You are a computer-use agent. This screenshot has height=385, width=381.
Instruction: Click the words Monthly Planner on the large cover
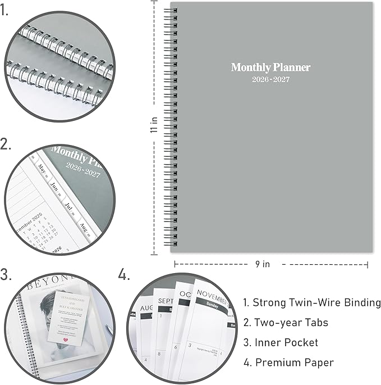[x=270, y=67]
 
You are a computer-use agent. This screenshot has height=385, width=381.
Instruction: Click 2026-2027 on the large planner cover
[x=270, y=81]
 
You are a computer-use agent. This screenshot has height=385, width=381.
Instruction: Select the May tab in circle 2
[x=42, y=167]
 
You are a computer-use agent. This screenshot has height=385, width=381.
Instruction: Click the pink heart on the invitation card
[x=66, y=339]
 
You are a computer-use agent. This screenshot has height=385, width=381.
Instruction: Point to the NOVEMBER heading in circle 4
[x=212, y=298]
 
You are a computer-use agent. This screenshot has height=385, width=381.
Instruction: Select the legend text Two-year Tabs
[x=285, y=323]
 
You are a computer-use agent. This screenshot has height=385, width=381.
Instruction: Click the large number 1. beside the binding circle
[x=5, y=11]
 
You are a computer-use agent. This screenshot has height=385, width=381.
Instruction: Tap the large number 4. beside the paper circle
[x=124, y=275]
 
